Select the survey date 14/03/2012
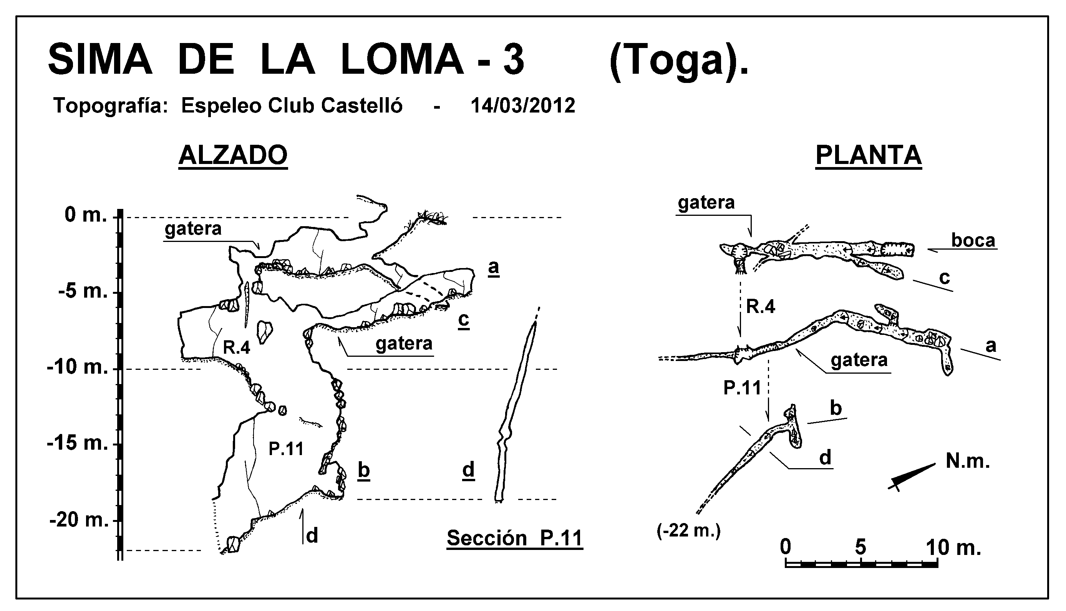(523, 106)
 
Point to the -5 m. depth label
(83, 291)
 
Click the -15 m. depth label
(77, 443)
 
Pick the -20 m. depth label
(78, 520)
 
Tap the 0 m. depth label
(86, 215)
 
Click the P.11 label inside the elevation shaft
(286, 449)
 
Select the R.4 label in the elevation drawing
(236, 348)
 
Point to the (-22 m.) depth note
(689, 532)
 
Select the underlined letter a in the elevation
(494, 267)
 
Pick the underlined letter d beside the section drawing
(468, 470)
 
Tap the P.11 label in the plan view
(743, 388)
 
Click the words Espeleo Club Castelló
(292, 106)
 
